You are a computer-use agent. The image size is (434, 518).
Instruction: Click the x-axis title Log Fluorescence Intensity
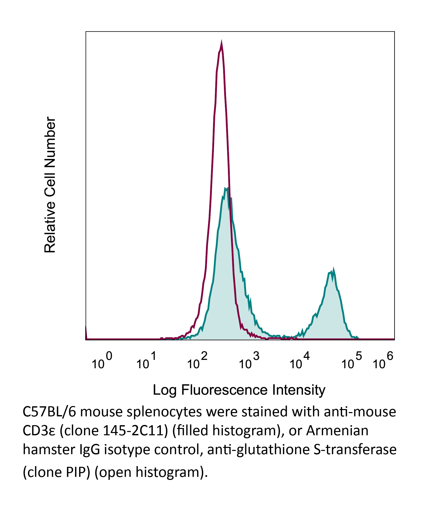239,390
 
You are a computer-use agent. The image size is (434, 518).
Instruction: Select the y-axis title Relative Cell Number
50,185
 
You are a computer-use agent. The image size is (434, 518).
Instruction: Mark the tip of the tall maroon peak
221,43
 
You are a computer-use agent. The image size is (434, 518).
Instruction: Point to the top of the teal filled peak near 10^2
226,189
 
